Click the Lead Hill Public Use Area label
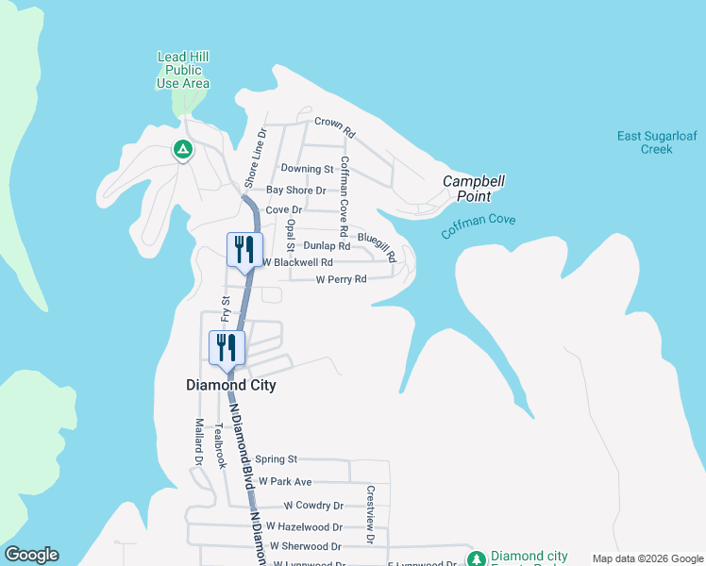pyautogui.click(x=183, y=71)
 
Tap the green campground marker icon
pyautogui.click(x=182, y=149)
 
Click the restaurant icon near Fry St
pyautogui.click(x=227, y=347)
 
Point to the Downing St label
pyautogui.click(x=308, y=169)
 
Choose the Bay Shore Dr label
pyautogui.click(x=295, y=190)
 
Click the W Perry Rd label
pyautogui.click(x=341, y=279)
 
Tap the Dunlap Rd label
pyautogui.click(x=327, y=245)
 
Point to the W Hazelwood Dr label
pyautogui.click(x=304, y=525)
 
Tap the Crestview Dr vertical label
pyautogui.click(x=371, y=515)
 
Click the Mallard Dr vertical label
pyautogui.click(x=199, y=442)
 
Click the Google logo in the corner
pyautogui.click(x=31, y=555)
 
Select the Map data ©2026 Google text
pyautogui.click(x=647, y=558)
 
